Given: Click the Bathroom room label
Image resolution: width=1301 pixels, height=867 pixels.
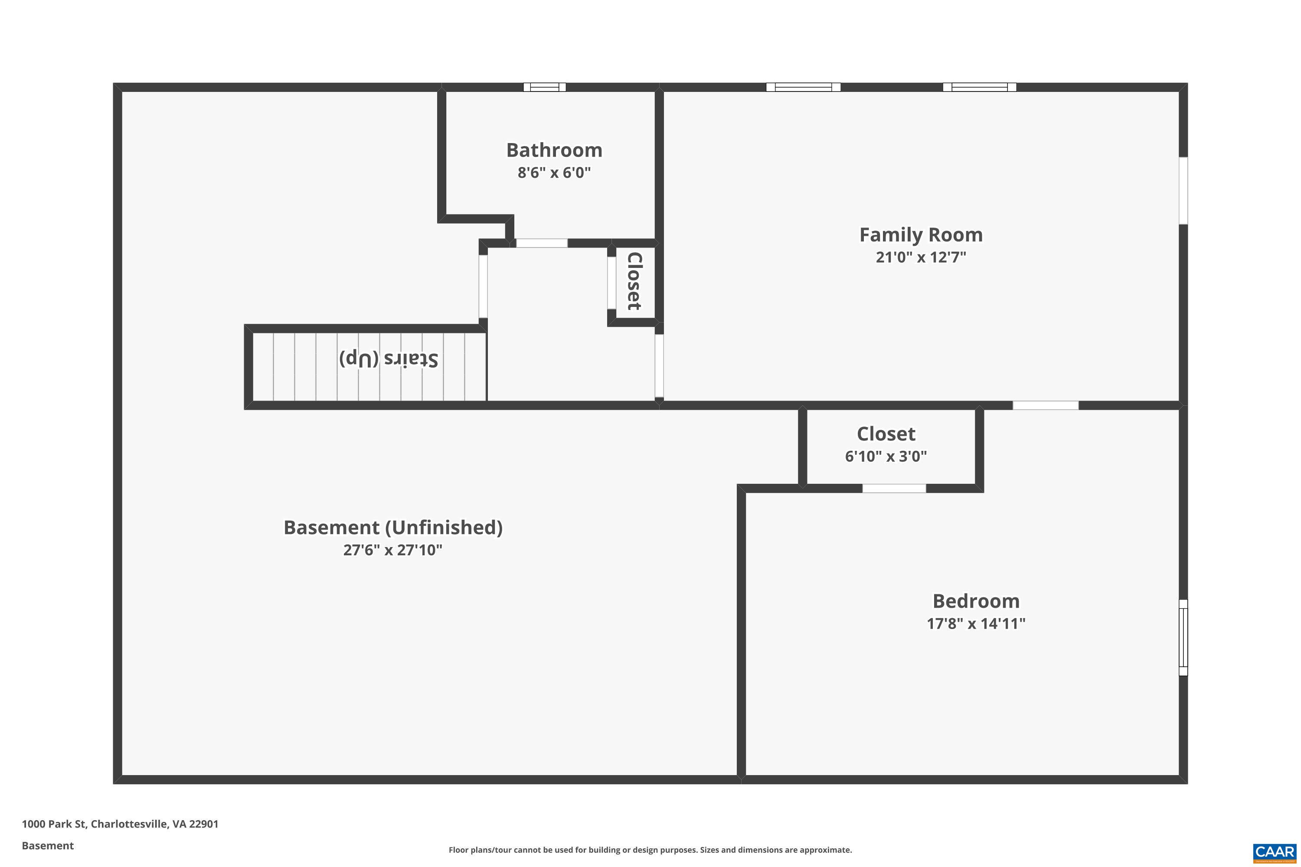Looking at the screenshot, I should pos(554,150).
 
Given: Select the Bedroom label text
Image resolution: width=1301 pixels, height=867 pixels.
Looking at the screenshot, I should pos(976,601).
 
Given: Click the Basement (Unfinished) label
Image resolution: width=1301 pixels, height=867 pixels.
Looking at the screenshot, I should pos(393,528).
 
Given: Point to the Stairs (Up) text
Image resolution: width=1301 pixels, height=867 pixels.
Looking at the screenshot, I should pos(388,359).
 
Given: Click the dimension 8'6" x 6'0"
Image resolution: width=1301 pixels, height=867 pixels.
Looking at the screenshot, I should pos(554,173).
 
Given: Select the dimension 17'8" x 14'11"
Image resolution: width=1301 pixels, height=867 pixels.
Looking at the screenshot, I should pos(976,624).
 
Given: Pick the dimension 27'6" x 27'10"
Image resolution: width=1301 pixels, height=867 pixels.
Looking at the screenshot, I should pos(393,550).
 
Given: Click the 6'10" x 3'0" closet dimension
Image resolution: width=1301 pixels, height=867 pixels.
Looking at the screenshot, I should pos(886,456).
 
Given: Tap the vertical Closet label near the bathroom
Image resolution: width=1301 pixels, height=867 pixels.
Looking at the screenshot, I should pos(634,281).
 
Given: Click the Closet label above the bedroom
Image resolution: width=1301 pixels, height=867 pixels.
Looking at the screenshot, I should pos(886,434).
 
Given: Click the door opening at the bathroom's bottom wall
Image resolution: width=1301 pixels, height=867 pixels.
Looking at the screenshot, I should pos(542,243).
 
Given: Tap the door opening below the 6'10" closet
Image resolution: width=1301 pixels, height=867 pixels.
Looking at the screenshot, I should pos(894,488).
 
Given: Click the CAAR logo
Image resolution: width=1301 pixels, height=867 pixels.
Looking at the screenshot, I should pos(1275,851).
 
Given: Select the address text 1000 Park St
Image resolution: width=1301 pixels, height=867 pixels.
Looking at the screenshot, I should pos(120,824).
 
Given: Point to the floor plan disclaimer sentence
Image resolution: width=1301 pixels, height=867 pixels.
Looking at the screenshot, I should pos(650,850).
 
